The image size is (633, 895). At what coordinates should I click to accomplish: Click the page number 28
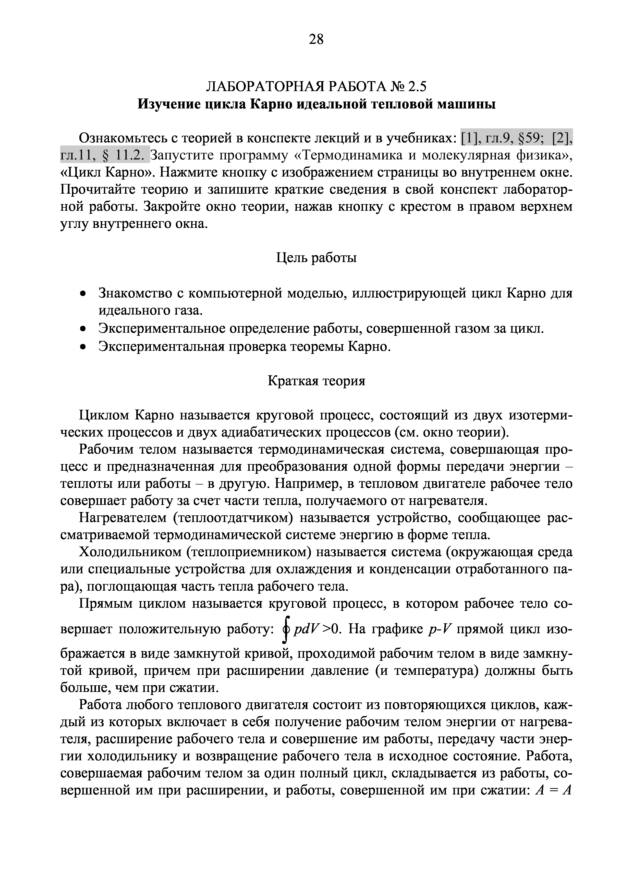coord(316,39)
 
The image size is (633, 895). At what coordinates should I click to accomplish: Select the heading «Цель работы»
coord(316,257)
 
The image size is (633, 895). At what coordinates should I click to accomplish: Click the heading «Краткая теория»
coord(316,381)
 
